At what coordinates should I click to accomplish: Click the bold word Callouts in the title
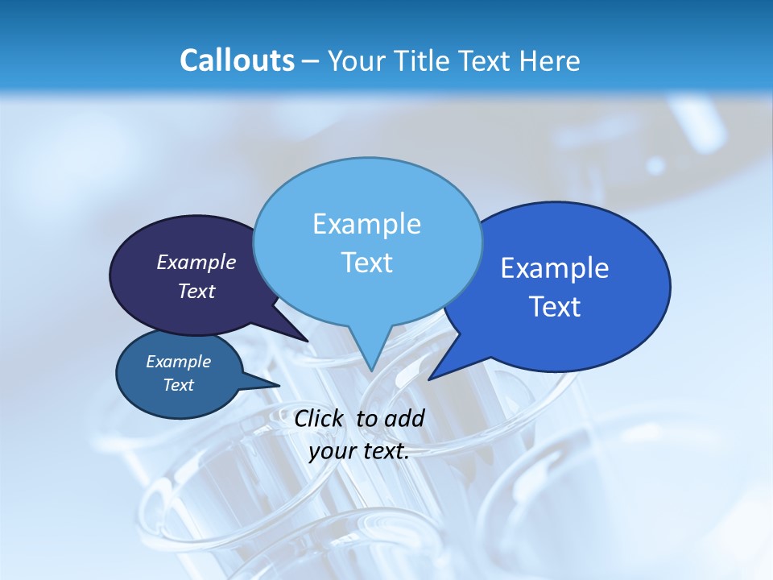pos(237,61)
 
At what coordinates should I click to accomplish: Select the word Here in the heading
pos(549,61)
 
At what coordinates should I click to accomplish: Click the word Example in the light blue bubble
pos(366,224)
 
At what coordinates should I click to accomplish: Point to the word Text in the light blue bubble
pos(366,263)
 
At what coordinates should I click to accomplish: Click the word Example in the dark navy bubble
pos(196,263)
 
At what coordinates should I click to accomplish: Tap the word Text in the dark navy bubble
pos(196,292)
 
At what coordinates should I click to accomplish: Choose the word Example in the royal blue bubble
pos(555,268)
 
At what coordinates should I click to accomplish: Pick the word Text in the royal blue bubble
pos(555,307)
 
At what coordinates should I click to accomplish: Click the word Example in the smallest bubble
pos(178,362)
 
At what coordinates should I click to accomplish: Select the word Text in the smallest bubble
pos(178,385)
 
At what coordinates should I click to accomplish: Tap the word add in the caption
pos(404,418)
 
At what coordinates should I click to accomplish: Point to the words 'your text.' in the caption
pos(358,452)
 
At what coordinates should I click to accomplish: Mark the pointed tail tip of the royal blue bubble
pos(429,379)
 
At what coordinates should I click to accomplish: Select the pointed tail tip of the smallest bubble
pos(279,385)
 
